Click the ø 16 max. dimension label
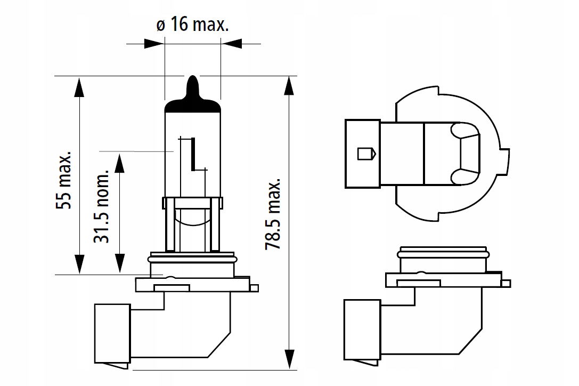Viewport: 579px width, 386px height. pyautogui.click(x=192, y=25)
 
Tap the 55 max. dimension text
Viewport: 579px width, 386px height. pyautogui.click(x=63, y=179)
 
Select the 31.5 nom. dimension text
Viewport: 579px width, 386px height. pyautogui.click(x=101, y=206)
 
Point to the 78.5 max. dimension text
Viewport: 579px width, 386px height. pyautogui.click(x=274, y=214)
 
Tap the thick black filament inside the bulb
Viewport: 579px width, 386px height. pyautogui.click(x=193, y=154)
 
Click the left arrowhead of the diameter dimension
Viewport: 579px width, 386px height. pyautogui.click(x=154, y=44)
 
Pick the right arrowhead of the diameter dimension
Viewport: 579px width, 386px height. pyautogui.click(x=231, y=44)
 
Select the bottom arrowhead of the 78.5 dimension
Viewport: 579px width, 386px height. pyautogui.click(x=290, y=359)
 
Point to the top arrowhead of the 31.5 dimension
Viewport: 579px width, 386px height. pyautogui.click(x=119, y=163)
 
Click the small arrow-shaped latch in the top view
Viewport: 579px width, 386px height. pyautogui.click(x=366, y=154)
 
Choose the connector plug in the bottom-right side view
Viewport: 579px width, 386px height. pyautogui.click(x=362, y=329)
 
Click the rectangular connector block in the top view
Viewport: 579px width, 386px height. pyautogui.click(x=363, y=154)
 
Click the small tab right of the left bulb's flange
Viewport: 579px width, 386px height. pyautogui.click(x=254, y=288)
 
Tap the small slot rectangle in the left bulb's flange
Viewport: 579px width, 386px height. pyautogui.click(x=172, y=288)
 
